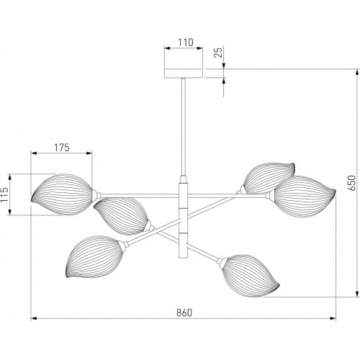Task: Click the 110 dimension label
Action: pos(186,42)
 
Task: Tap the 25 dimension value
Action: pos(218,53)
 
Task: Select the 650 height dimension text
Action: pos(352,183)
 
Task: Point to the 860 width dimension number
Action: pos(184,312)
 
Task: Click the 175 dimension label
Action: pos(61,148)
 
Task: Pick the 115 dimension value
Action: pos(4,194)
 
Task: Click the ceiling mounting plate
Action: pos(184,73)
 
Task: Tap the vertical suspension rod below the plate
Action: pos(184,127)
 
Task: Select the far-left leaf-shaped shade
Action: pos(61,194)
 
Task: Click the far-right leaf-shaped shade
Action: pos(305,197)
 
